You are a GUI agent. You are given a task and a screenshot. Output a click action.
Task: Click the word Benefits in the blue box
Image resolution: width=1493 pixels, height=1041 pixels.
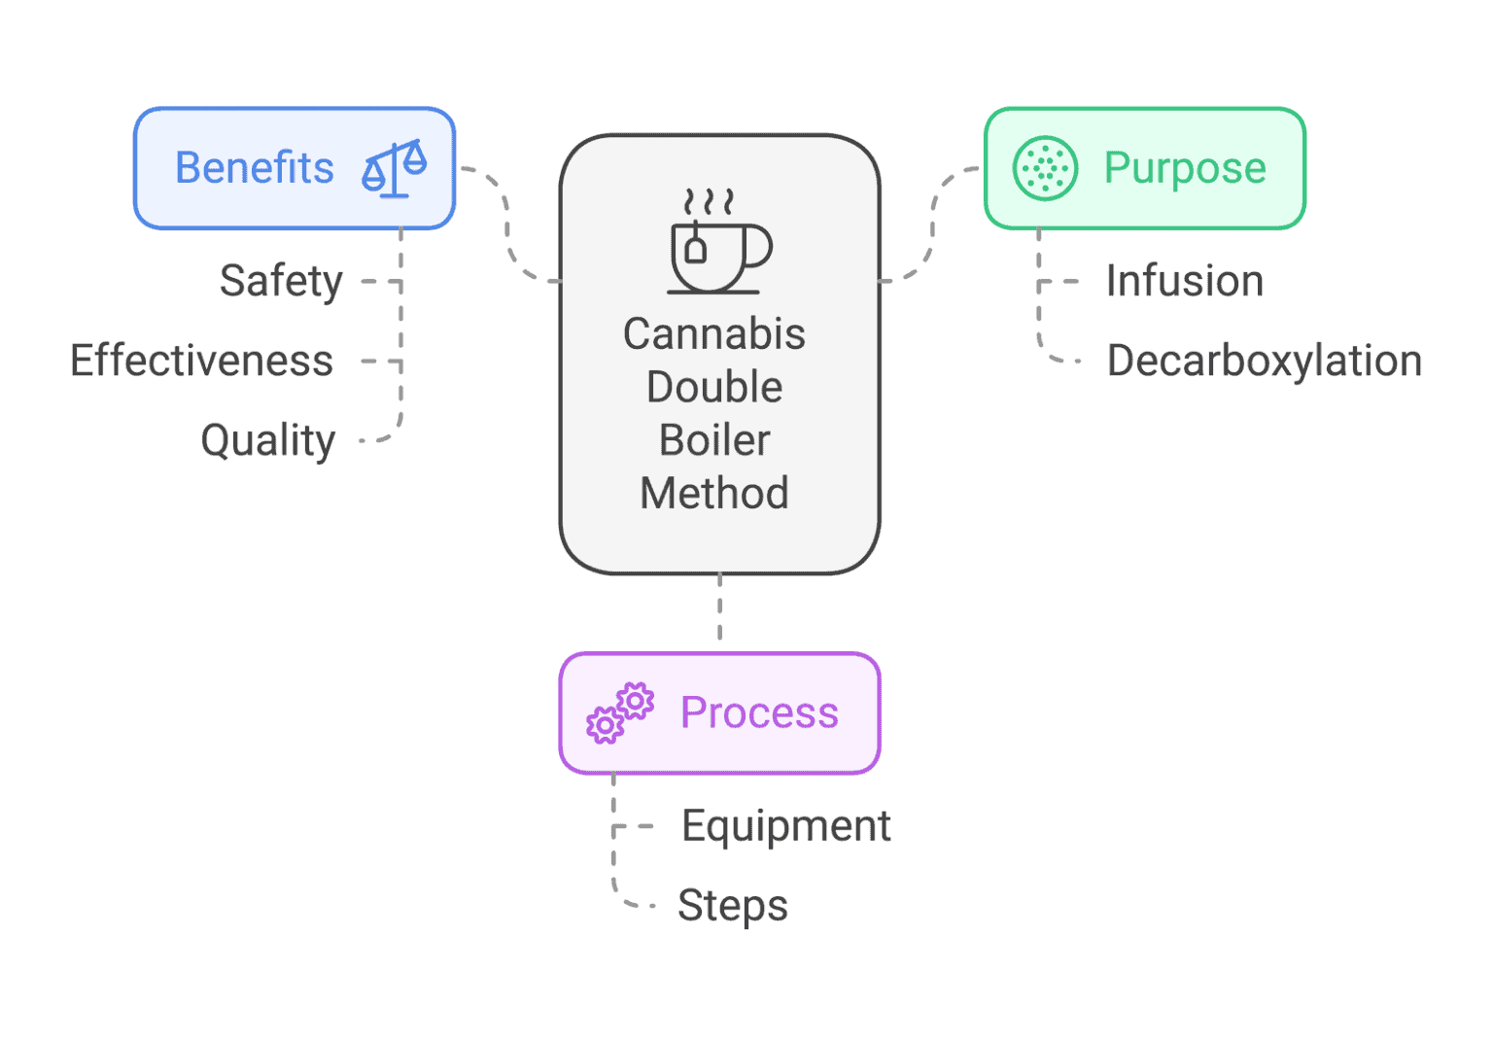click(x=254, y=168)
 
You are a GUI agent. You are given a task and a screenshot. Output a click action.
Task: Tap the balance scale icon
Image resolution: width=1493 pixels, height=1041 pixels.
click(x=394, y=168)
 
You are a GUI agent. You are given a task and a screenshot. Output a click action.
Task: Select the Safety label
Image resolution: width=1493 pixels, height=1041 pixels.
click(x=281, y=282)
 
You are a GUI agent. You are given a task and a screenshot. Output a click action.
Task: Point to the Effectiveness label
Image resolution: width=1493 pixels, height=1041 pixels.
click(x=201, y=361)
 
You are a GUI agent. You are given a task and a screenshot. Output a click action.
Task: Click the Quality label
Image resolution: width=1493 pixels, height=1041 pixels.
click(x=267, y=440)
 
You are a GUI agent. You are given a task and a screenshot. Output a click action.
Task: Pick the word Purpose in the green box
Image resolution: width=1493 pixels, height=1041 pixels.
click(x=1184, y=168)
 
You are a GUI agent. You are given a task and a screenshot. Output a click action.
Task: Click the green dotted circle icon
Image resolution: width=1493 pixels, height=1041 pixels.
click(x=1045, y=168)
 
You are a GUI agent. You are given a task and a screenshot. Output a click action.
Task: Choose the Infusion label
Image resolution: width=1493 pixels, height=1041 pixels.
click(x=1184, y=282)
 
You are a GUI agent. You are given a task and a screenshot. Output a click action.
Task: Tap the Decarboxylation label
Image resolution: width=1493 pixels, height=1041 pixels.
click(x=1264, y=361)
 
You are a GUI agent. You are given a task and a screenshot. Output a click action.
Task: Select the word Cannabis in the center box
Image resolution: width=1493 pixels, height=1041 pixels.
click(x=714, y=334)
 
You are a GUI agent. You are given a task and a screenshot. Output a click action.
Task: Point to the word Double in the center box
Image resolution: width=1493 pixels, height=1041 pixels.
click(x=714, y=388)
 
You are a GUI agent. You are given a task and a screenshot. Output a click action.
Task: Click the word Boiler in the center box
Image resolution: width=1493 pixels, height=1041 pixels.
click(x=714, y=440)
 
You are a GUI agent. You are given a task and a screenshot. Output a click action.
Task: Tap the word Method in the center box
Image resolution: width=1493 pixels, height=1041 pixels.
click(x=714, y=494)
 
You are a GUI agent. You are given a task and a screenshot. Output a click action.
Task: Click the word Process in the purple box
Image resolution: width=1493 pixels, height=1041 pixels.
click(x=758, y=713)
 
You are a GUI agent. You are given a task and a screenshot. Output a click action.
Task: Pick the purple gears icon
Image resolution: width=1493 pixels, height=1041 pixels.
click(x=619, y=713)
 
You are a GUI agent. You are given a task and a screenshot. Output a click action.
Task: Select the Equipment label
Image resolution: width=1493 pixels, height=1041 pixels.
click(x=785, y=826)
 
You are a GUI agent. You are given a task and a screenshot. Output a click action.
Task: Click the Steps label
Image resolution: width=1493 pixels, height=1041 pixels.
click(x=732, y=906)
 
